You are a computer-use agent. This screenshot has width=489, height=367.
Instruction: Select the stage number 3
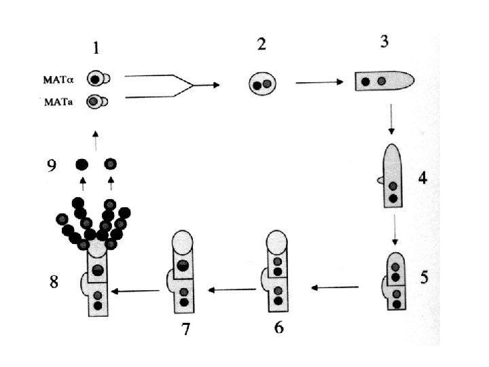[384, 42]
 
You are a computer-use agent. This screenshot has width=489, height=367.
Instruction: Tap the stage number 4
[422, 179]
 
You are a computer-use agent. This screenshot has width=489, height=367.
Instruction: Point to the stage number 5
[424, 277]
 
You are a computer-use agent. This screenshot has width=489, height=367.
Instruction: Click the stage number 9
[52, 166]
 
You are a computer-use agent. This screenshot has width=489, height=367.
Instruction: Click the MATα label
[60, 79]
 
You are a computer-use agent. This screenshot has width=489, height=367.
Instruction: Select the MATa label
[60, 103]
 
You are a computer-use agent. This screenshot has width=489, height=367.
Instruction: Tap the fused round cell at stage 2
[261, 84]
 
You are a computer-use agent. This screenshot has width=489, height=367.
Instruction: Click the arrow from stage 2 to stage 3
[321, 83]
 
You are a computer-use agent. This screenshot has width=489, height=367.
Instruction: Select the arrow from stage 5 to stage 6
[335, 287]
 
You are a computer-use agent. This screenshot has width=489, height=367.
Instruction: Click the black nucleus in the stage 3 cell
[366, 82]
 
